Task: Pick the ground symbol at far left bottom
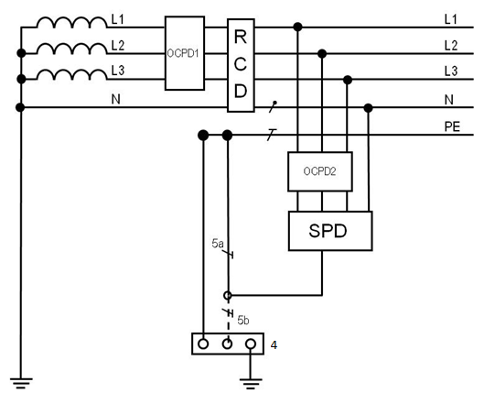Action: pyautogui.click(x=21, y=383)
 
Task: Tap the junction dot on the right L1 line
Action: pyautogui.click(x=297, y=27)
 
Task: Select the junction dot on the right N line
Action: pyautogui.click(x=368, y=108)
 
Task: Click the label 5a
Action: pyautogui.click(x=218, y=244)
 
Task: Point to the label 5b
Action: pyautogui.click(x=243, y=321)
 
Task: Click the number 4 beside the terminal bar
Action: pyautogui.click(x=274, y=345)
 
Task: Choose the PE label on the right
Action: pyautogui.click(x=452, y=126)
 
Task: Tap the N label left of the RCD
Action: pyautogui.click(x=116, y=99)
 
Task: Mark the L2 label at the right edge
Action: pyautogui.click(x=451, y=46)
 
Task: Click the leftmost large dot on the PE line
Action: pyautogui.click(x=203, y=135)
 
